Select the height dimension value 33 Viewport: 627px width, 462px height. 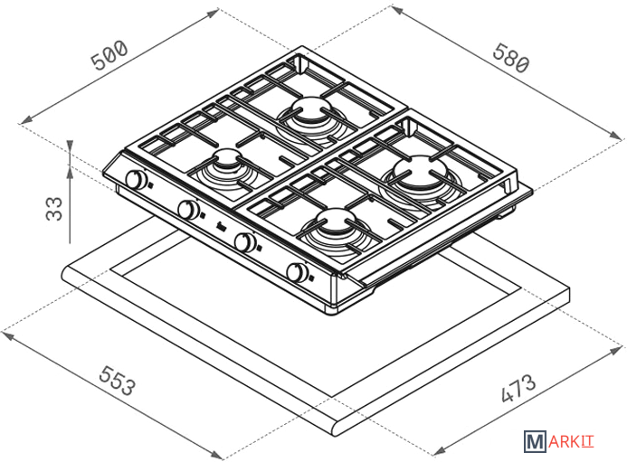click(55, 208)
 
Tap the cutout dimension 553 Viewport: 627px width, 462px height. click(118, 380)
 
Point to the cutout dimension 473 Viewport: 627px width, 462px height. click(518, 387)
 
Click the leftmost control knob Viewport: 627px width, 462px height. click(136, 179)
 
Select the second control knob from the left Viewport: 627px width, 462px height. click(188, 209)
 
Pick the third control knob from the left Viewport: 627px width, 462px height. click(244, 241)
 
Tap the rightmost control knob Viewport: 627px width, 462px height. click(297, 272)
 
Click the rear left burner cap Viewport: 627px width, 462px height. click(310, 109)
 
